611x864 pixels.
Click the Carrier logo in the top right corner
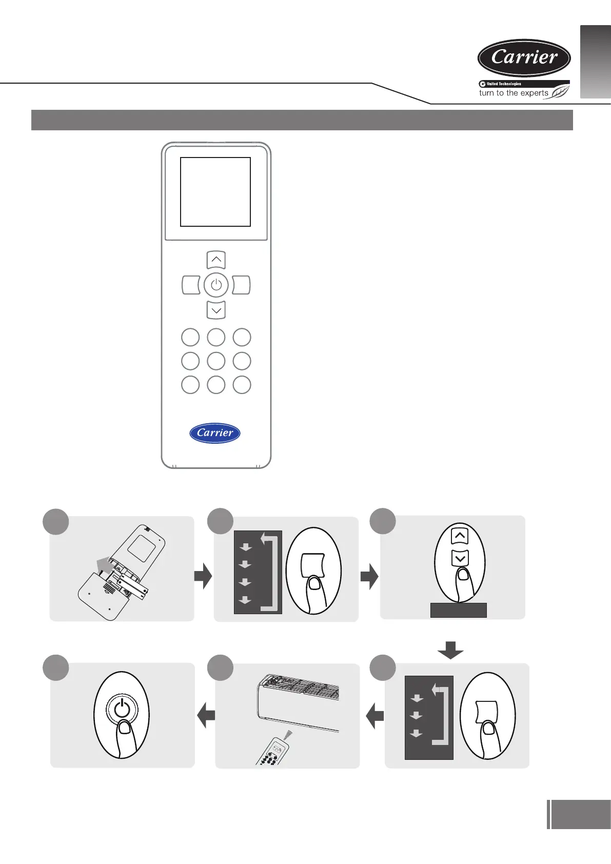click(524, 57)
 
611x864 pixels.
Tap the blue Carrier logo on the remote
click(215, 433)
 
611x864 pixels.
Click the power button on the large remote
click(216, 285)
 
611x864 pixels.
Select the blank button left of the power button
click(191, 285)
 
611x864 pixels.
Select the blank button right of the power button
click(241, 285)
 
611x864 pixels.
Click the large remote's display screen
click(215, 192)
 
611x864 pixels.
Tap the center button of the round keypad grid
click(216, 361)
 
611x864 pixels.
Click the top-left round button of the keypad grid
click(190, 338)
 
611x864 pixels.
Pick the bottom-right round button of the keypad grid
click(242, 385)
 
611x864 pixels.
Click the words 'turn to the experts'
click(514, 93)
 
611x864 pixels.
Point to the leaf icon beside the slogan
click(560, 92)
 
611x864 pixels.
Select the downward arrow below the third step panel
click(450, 650)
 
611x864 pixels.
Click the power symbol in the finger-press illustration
click(122, 709)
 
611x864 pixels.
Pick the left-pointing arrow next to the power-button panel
click(206, 715)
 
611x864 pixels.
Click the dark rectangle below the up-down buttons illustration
click(458, 610)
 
